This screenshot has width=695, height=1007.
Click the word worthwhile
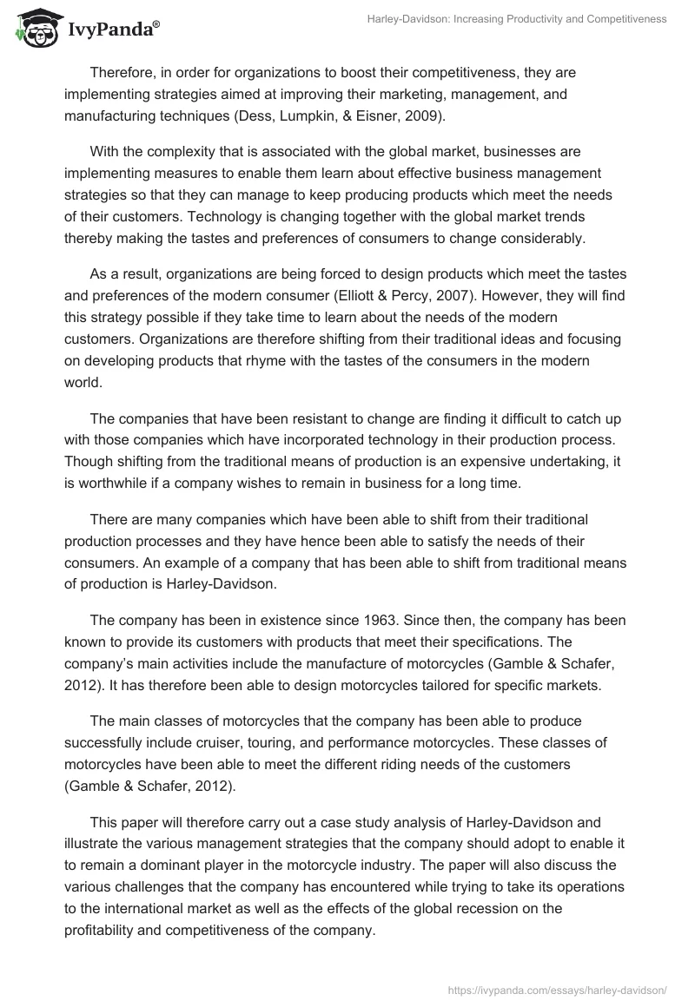point(114,483)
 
